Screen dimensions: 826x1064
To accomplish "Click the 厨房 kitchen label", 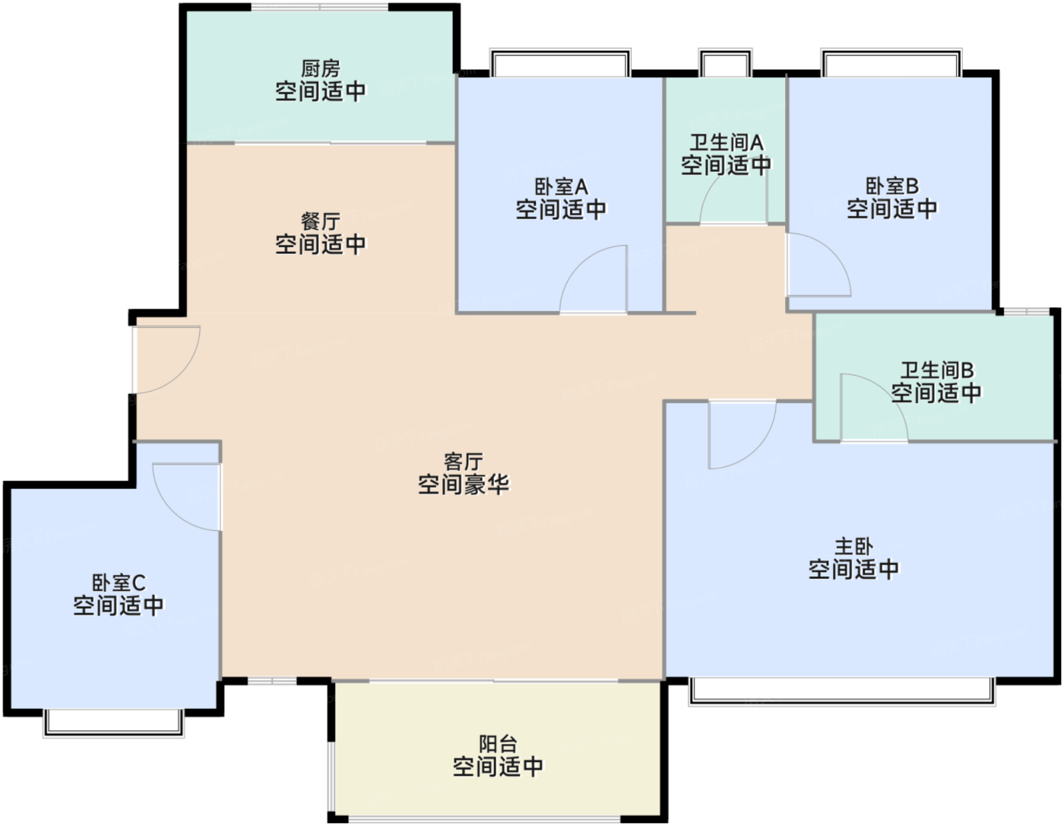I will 320,69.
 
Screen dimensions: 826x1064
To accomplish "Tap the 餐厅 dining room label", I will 320,222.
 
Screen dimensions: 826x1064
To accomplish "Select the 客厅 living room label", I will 463,462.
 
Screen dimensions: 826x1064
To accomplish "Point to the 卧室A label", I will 561,187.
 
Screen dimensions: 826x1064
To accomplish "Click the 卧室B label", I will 891,186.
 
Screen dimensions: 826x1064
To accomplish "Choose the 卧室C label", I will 119,583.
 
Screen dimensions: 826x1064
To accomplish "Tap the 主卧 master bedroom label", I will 853,547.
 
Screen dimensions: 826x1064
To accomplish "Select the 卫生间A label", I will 726,143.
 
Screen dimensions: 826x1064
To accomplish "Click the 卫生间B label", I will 936,371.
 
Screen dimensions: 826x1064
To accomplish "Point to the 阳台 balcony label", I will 498,744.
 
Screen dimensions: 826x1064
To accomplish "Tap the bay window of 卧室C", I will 114,722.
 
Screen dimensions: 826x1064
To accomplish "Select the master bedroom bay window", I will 841,691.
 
